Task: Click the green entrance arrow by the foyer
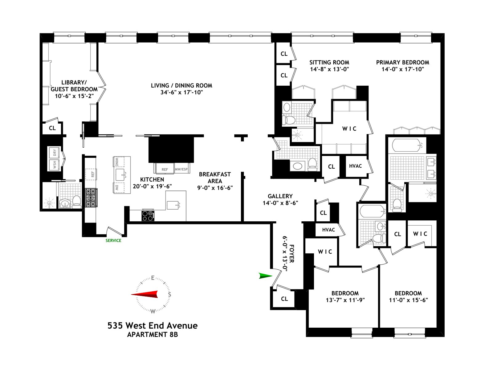click(x=265, y=276)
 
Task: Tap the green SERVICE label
click(x=113, y=240)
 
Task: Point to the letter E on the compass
click(x=153, y=278)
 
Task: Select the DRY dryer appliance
click(x=54, y=153)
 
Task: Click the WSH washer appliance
click(x=54, y=165)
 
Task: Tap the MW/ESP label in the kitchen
click(x=181, y=169)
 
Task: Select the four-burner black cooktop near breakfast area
click(x=148, y=216)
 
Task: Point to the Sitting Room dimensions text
click(x=329, y=69)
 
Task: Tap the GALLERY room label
click(x=280, y=196)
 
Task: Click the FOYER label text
click(x=292, y=253)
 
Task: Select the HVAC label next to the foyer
click(x=328, y=230)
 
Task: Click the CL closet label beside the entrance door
click(x=284, y=299)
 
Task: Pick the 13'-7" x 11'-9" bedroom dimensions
click(x=345, y=300)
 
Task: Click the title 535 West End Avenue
click(x=153, y=326)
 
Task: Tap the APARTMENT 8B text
click(x=153, y=335)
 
